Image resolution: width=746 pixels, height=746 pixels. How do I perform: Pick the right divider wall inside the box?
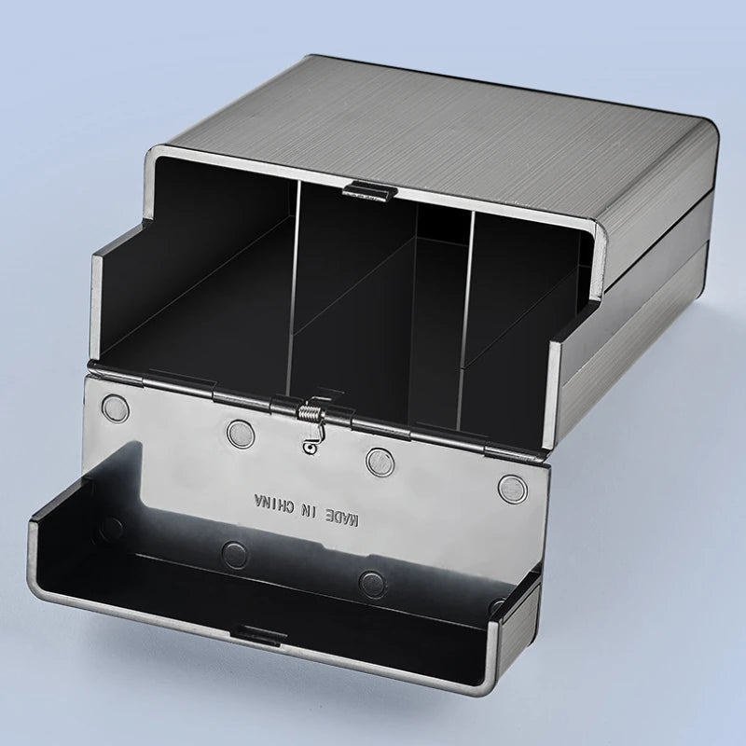click(465, 308)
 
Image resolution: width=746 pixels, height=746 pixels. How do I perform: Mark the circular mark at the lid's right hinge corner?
click(511, 484)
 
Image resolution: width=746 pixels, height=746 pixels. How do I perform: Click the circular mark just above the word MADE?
click(377, 458)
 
